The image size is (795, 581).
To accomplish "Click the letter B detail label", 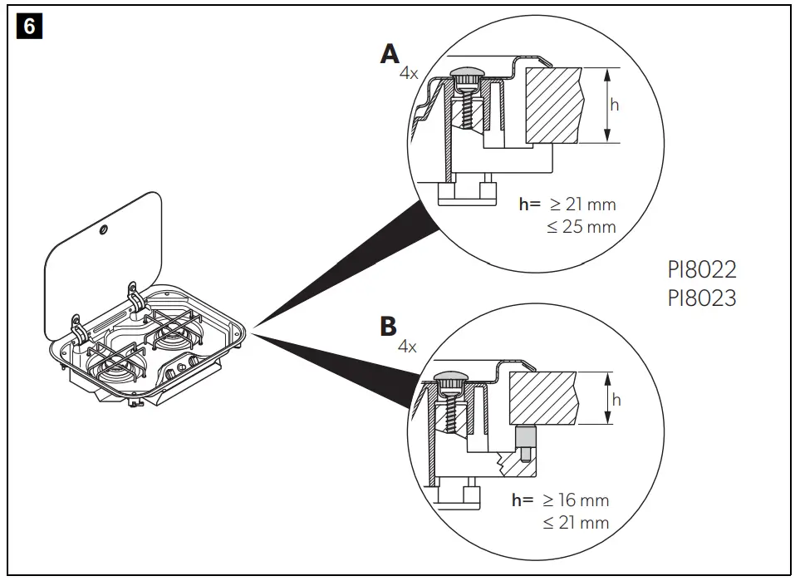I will point(388,325).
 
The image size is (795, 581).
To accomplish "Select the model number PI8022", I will point(701,270).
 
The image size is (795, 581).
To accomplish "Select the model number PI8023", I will point(701,298).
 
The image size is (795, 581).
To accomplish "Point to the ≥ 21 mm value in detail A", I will point(582,204).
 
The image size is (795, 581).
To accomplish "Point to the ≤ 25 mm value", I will point(582,226).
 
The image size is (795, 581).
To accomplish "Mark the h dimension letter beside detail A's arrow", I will point(614,105).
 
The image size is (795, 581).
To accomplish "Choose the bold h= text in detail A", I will point(530,204).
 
